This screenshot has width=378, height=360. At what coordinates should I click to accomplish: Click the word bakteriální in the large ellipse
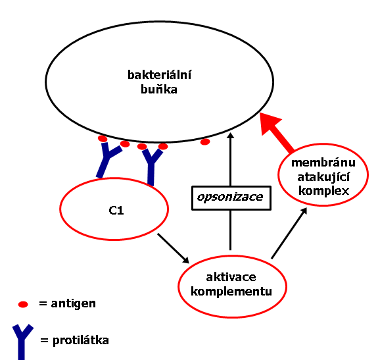(159, 75)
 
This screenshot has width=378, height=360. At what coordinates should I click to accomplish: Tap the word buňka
(159, 90)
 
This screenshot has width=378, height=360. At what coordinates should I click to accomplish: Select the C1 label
(116, 211)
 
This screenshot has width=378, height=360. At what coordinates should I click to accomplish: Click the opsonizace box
(231, 198)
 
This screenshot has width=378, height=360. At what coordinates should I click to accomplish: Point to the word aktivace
(231, 277)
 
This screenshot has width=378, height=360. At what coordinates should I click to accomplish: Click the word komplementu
(231, 292)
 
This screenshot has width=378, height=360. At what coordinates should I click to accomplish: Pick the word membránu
(323, 163)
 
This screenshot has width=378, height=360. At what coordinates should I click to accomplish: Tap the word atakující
(323, 177)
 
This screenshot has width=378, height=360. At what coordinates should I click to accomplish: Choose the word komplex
(323, 191)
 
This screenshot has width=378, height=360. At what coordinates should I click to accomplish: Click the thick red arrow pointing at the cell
(277, 133)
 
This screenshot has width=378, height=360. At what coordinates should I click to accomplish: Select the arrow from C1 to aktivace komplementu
(173, 248)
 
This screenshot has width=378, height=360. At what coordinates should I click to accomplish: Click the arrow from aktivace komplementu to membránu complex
(289, 233)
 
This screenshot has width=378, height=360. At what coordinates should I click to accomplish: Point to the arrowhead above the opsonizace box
(231, 136)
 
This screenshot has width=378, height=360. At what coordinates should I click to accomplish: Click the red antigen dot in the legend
(23, 304)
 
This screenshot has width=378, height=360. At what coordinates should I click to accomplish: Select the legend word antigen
(73, 304)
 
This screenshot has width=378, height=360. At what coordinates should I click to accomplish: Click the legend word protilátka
(81, 340)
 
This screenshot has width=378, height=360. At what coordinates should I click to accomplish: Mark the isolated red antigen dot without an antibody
(205, 142)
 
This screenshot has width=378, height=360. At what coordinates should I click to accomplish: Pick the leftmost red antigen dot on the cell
(103, 138)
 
